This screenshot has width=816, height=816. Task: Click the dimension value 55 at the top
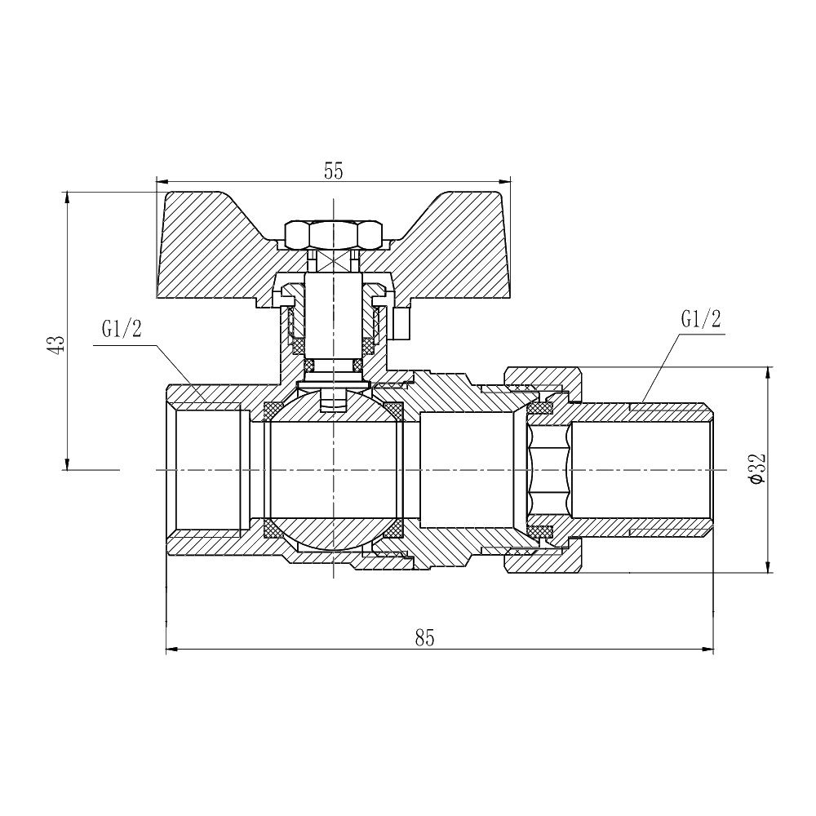[x=333, y=171]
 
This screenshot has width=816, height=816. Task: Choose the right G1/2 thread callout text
[x=701, y=319]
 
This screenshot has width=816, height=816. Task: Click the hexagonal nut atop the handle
[x=334, y=235]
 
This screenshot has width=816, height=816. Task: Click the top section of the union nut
[x=543, y=379]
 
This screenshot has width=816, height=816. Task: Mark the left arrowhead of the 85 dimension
[x=170, y=650]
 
